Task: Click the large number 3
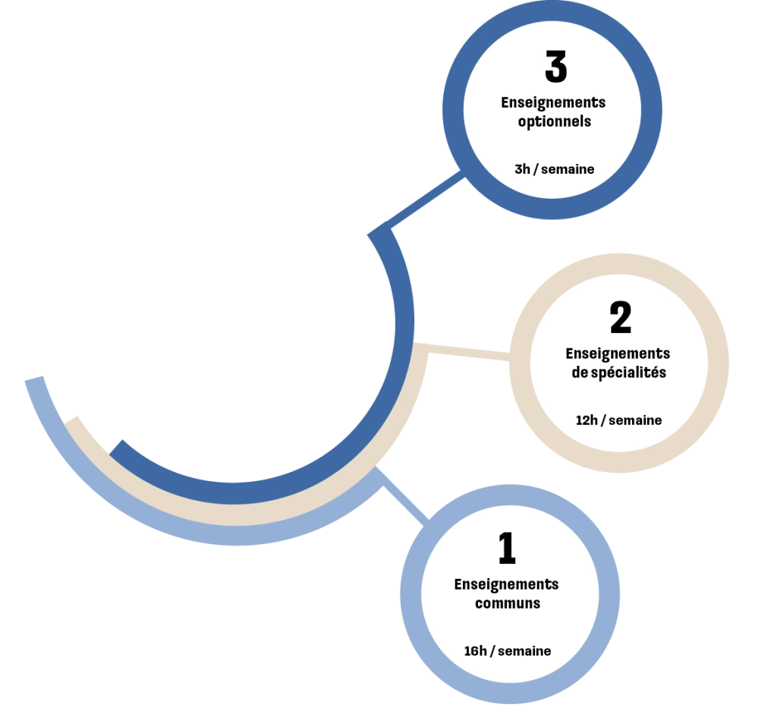point(555,67)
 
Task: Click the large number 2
point(620,318)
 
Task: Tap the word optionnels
point(554,121)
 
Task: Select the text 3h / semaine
point(554,169)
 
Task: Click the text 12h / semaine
point(618,420)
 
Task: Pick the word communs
point(508,604)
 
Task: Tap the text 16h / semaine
point(507,651)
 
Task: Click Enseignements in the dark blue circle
point(553,102)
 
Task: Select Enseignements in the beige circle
point(618,354)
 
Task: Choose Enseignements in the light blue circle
point(506,584)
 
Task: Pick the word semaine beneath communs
point(524,651)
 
